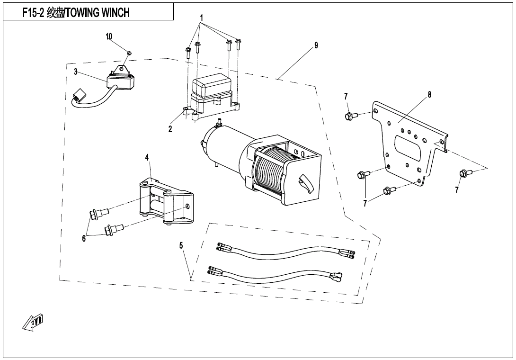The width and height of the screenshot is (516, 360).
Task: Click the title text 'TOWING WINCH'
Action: (97, 13)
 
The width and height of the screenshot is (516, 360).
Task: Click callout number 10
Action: (109, 36)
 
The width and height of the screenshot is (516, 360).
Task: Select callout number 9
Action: (316, 45)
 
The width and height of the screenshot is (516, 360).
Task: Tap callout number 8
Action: (429, 95)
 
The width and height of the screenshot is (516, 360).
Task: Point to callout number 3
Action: (76, 72)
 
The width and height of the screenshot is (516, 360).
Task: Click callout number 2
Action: (170, 129)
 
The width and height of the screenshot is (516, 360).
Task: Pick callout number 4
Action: (147, 157)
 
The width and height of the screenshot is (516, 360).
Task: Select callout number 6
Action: (84, 238)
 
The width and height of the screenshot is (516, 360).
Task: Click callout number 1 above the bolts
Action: (202, 18)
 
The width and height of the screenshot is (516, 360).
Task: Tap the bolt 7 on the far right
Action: (463, 173)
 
